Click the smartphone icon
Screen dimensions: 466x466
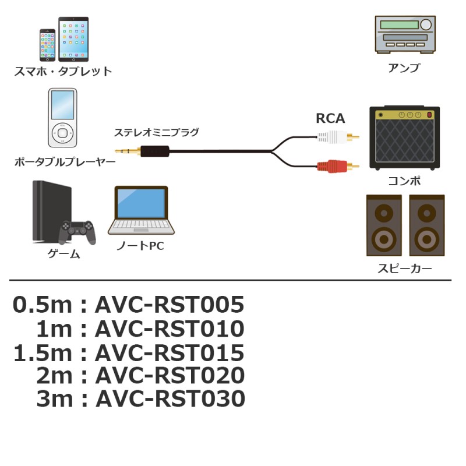tap(48, 45)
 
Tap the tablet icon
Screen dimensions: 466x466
tap(73, 39)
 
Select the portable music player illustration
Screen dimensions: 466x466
tap(62, 118)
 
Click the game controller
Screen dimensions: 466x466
tap(77, 232)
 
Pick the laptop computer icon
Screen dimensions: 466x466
tap(141, 210)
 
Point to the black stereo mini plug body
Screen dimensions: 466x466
tap(154, 151)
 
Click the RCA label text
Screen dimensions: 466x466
tap(330, 118)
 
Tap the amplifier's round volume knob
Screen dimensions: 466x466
tap(426, 24)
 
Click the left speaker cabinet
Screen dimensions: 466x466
tap(384, 225)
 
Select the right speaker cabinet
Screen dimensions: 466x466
tap(427, 225)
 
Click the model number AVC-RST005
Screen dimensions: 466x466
tap(170, 305)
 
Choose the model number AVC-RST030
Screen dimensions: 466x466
tap(170, 398)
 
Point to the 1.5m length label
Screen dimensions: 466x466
tap(43, 353)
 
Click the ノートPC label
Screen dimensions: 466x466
tap(140, 246)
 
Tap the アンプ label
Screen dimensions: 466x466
tap(404, 68)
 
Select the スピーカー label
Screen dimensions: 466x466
tap(404, 269)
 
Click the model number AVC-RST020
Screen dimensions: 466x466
tap(170, 375)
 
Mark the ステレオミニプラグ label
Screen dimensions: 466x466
tap(156, 132)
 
